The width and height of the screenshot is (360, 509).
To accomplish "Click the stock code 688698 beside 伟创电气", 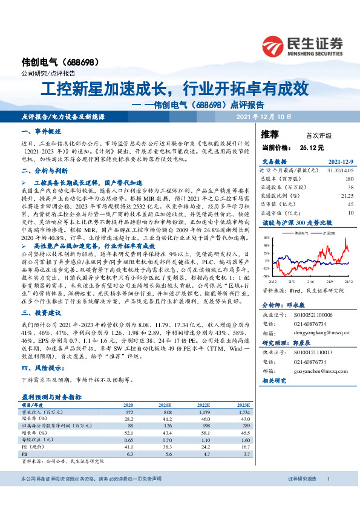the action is click(79, 62).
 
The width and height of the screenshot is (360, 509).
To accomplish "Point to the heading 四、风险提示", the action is click(43, 368).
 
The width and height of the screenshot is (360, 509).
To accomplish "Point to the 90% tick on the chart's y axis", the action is click(267, 238).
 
